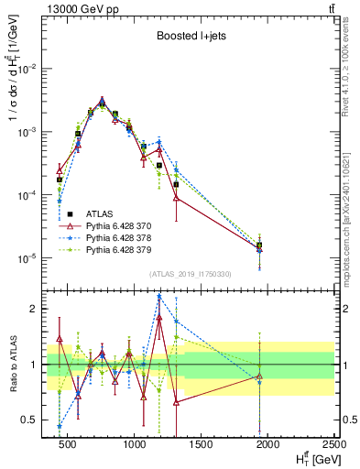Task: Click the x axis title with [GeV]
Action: coord(311,459)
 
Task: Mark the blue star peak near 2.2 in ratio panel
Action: coord(159,297)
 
